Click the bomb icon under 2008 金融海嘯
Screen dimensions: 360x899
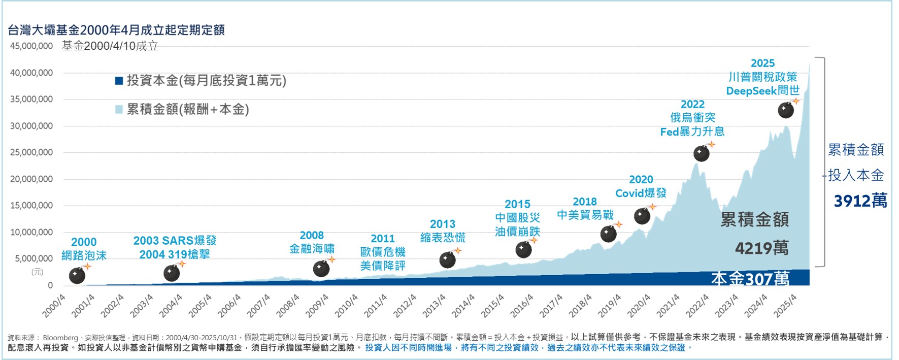coord(321,269)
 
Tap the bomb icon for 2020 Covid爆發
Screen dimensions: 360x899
coord(642,216)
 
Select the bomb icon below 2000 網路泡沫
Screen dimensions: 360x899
coord(77,276)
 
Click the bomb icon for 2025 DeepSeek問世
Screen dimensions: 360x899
coord(786,110)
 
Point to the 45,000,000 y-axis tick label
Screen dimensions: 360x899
coord(31,46)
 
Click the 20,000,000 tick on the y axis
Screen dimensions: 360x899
coord(31,179)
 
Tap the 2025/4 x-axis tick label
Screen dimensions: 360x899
coord(785,306)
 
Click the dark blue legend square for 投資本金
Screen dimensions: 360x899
coord(119,81)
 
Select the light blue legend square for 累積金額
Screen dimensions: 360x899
coord(119,110)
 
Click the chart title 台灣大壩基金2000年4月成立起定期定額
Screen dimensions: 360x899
coord(116,30)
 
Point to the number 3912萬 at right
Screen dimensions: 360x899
coord(860,201)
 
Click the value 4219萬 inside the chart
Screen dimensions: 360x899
coord(762,248)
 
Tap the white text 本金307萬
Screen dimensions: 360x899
coord(750,278)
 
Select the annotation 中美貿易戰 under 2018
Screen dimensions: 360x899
coord(585,215)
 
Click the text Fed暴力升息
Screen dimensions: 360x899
coord(692,132)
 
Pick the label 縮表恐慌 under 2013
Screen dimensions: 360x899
coord(443,238)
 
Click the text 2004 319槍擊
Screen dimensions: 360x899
coord(175,254)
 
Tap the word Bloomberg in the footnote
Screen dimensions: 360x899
coord(60,338)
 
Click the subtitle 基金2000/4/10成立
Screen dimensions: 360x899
coord(110,46)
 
